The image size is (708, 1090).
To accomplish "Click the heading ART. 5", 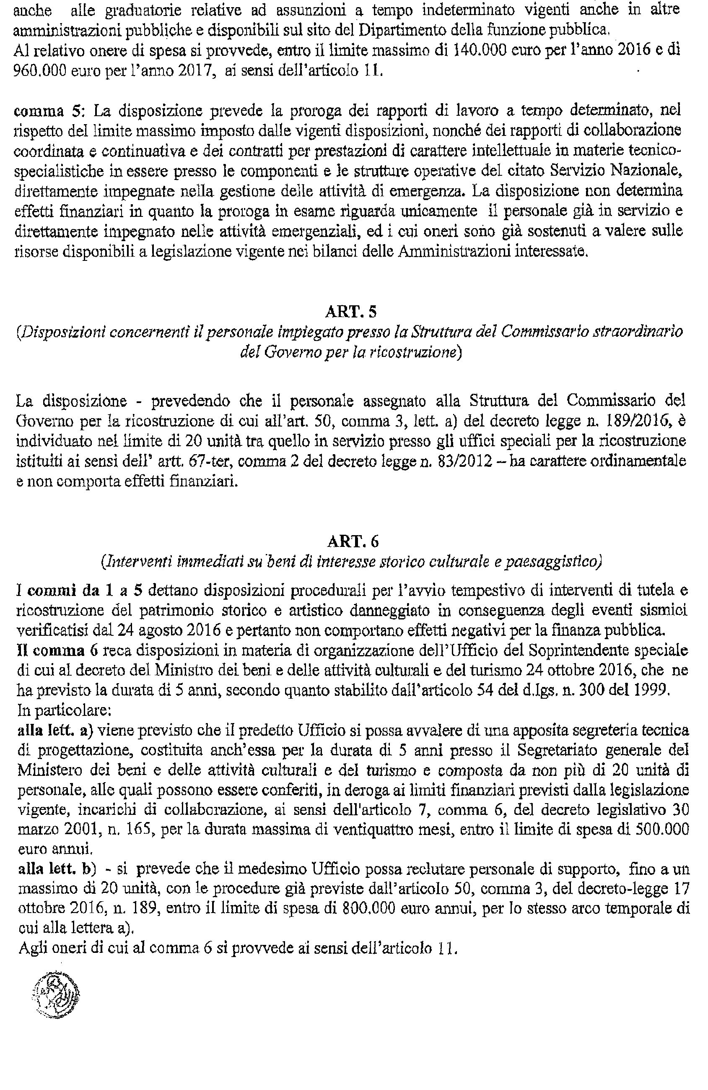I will [350, 312].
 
